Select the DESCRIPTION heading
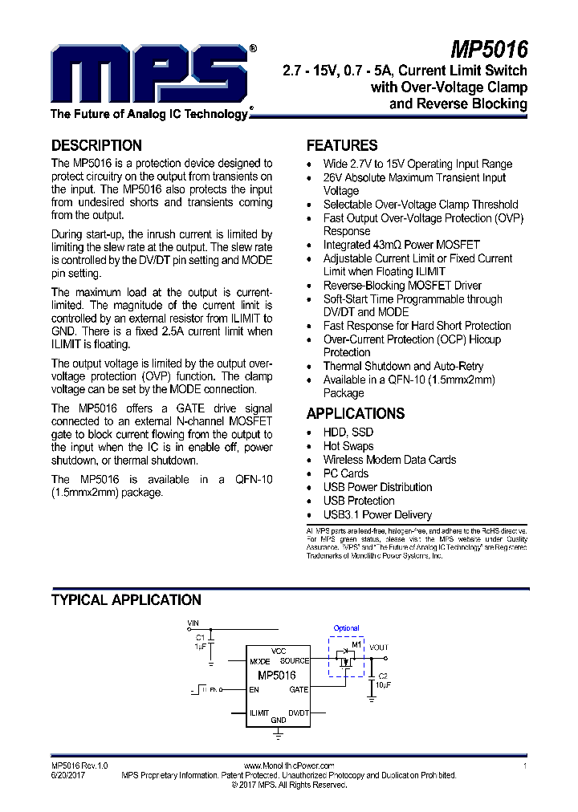[x=96, y=146]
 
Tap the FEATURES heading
[x=342, y=146]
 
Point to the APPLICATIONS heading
[x=356, y=414]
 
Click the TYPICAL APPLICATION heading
[x=126, y=600]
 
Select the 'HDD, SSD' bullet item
[x=348, y=432]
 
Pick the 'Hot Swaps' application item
[x=348, y=446]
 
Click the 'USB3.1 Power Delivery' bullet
[x=377, y=514]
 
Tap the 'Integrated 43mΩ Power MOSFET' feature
[x=401, y=245]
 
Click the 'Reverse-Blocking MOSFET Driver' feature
[x=402, y=285]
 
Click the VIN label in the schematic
[x=193, y=623]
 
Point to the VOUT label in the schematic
[x=378, y=647]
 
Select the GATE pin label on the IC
[x=299, y=689]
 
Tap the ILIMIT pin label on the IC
[x=259, y=713]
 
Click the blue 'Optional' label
[x=346, y=628]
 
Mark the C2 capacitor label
[x=383, y=676]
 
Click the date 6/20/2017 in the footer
[x=68, y=776]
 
